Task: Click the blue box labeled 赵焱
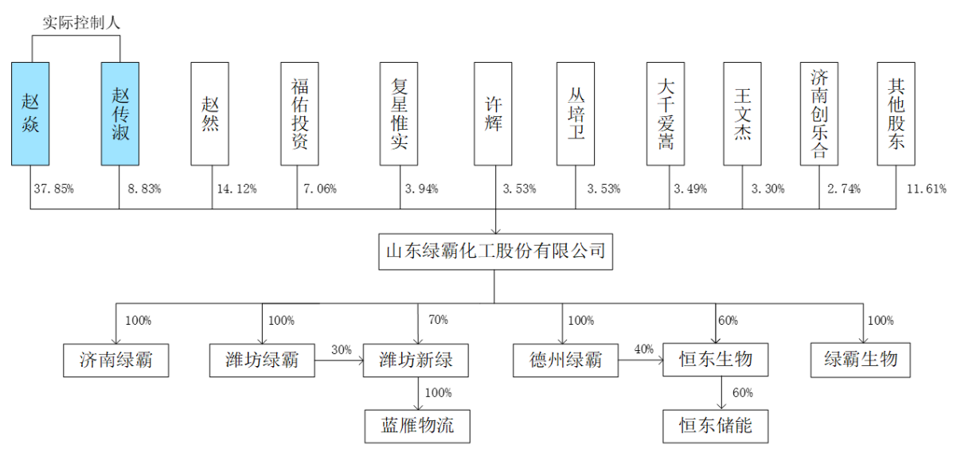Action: [x=30, y=114]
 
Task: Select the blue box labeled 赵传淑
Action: [x=119, y=114]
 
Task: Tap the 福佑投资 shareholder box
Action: [x=299, y=114]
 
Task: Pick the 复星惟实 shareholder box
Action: [x=399, y=114]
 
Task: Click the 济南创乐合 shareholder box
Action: [x=819, y=114]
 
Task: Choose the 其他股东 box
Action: [x=896, y=114]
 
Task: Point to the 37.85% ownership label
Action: [x=53, y=189]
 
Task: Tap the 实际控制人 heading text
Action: [x=81, y=23]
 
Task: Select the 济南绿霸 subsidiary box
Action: [x=115, y=361]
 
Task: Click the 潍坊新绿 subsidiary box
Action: [x=417, y=361]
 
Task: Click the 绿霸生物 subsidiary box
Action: [x=861, y=361]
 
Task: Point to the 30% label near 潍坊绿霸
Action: [x=341, y=351]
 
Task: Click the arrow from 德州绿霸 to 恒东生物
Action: [x=640, y=361]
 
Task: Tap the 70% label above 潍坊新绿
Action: [x=438, y=320]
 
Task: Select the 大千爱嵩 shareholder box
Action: [x=666, y=114]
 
